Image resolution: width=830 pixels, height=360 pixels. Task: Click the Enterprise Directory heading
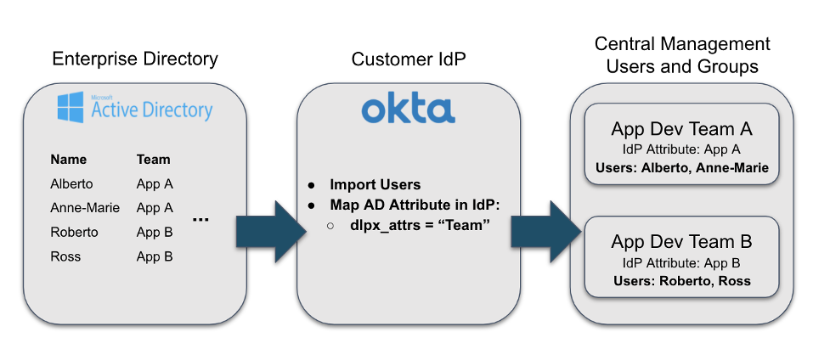(x=135, y=59)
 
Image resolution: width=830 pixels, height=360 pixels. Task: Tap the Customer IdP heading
(x=408, y=59)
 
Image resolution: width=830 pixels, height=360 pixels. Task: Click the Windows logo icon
(x=71, y=108)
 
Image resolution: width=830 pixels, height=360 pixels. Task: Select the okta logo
(x=408, y=110)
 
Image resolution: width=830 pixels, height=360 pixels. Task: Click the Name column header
(x=68, y=159)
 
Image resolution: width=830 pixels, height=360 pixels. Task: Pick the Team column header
(x=153, y=159)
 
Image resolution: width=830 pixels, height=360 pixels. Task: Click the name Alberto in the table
(x=71, y=183)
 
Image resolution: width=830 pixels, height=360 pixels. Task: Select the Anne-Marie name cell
(x=85, y=207)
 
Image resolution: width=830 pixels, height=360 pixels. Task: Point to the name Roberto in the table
(x=74, y=232)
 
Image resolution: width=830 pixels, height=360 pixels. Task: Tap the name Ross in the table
(x=65, y=256)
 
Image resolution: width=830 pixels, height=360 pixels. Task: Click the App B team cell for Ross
(x=155, y=256)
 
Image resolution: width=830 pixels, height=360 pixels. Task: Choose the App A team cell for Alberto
(x=155, y=183)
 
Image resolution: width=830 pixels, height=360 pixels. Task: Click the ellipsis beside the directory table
(x=200, y=220)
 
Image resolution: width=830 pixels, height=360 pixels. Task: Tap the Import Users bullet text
(x=375, y=184)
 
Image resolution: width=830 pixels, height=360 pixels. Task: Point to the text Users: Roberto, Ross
(x=680, y=280)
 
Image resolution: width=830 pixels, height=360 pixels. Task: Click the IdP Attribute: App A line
(x=680, y=149)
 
